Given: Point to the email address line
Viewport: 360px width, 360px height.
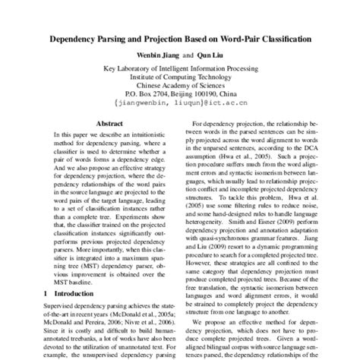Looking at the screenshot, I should (180, 99).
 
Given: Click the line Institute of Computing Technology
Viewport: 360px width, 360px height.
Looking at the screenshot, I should (180, 77).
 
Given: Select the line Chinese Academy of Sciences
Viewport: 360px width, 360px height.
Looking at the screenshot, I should (180, 85).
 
